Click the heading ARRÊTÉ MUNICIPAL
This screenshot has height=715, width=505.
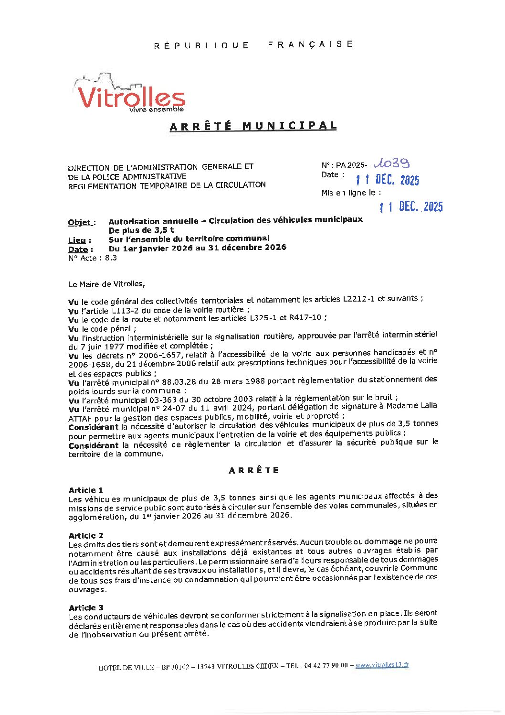253,126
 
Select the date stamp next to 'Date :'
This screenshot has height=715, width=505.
388,180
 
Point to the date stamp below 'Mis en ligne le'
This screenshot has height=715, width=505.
411,206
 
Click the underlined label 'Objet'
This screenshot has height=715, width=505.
79,222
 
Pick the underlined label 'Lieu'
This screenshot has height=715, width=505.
77,240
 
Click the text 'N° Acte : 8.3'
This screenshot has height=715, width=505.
93,258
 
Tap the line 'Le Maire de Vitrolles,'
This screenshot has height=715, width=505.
106,284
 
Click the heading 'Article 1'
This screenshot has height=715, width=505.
86,490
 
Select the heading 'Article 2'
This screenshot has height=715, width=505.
86,535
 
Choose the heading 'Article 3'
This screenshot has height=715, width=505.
86,607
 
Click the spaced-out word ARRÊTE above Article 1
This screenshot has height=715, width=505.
253,470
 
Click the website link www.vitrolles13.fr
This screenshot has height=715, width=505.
382,665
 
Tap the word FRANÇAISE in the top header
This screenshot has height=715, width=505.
310,44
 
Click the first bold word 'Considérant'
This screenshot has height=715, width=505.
94,427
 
